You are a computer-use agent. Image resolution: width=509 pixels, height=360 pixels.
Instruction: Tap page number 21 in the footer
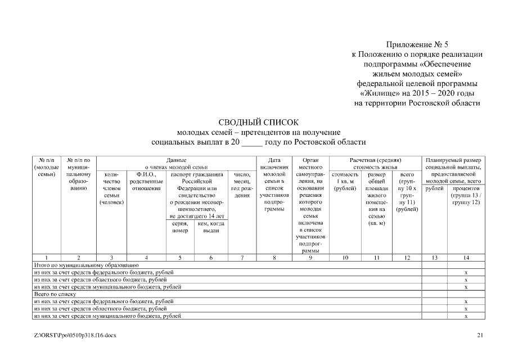tap(480, 335)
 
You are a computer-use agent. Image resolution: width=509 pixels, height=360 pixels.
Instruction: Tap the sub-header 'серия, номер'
tap(179, 227)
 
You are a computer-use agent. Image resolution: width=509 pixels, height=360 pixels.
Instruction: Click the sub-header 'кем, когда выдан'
tap(211, 227)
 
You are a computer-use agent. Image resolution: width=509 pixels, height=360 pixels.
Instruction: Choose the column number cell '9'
tap(310, 258)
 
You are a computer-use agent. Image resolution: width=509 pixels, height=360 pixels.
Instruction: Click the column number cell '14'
tap(466, 258)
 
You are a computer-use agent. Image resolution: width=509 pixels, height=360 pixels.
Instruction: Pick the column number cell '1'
tap(46, 258)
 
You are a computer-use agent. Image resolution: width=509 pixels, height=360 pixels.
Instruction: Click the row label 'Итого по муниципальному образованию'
tap(86, 264)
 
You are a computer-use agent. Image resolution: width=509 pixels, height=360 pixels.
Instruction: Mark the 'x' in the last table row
tap(466, 316)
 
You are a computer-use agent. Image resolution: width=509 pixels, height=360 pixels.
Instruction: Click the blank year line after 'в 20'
tap(252, 142)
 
